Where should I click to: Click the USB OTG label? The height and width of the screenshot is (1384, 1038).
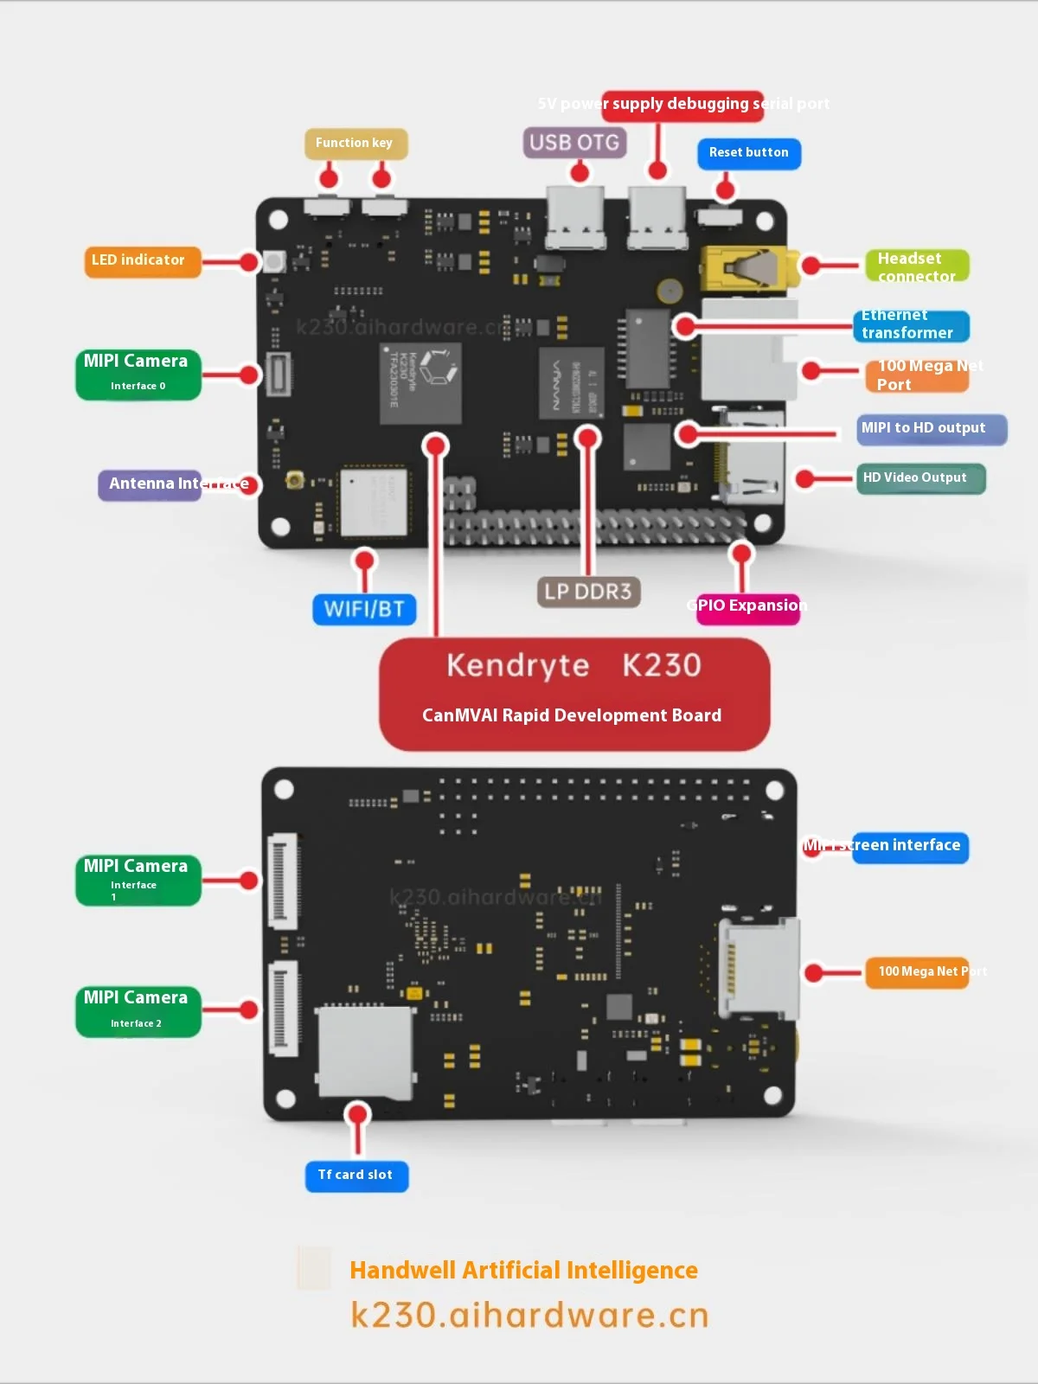point(574,143)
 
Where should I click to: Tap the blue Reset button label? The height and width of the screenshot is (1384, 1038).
point(748,153)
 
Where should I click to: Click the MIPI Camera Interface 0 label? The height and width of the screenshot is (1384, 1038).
point(138,374)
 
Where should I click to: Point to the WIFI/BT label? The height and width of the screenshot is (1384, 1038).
point(364,609)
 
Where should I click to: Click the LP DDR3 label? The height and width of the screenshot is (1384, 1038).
point(588,593)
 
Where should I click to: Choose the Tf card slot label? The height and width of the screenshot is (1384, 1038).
point(356,1176)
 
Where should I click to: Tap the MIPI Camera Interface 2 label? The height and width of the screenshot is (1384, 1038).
point(138,1009)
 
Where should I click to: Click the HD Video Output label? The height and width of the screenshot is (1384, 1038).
point(919,478)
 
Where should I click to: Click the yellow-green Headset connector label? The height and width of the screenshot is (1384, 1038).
point(916,266)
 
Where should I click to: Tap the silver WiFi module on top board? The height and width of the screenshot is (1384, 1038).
point(373,502)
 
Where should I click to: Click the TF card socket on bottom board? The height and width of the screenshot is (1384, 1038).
point(365,1051)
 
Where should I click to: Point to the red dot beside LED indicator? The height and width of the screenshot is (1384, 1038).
point(250,262)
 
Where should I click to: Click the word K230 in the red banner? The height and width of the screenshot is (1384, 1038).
point(662,665)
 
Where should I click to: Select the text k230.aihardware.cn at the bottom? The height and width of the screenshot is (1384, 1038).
point(529,1315)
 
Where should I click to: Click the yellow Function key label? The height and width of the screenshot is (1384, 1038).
point(355,144)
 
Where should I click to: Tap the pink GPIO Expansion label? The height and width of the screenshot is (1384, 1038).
point(748,605)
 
